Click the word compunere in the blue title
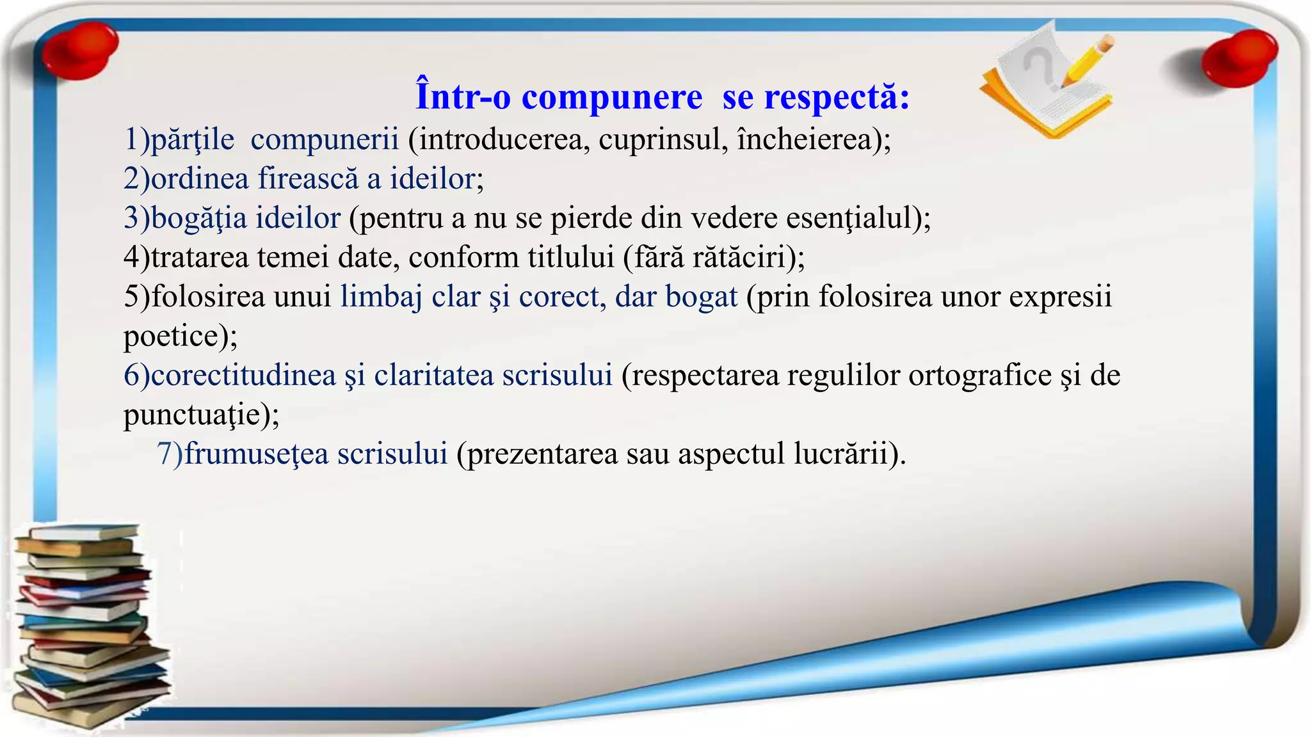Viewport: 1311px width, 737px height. pyautogui.click(x=611, y=98)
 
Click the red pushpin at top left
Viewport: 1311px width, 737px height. pyautogui.click(x=79, y=51)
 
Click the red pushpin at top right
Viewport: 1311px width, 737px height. pyautogui.click(x=1239, y=58)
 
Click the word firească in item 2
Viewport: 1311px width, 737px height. pyautogui.click(x=308, y=179)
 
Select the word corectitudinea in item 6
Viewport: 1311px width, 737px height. pyautogui.click(x=243, y=376)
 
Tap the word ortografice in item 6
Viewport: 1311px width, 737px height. pyautogui.click(x=979, y=376)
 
